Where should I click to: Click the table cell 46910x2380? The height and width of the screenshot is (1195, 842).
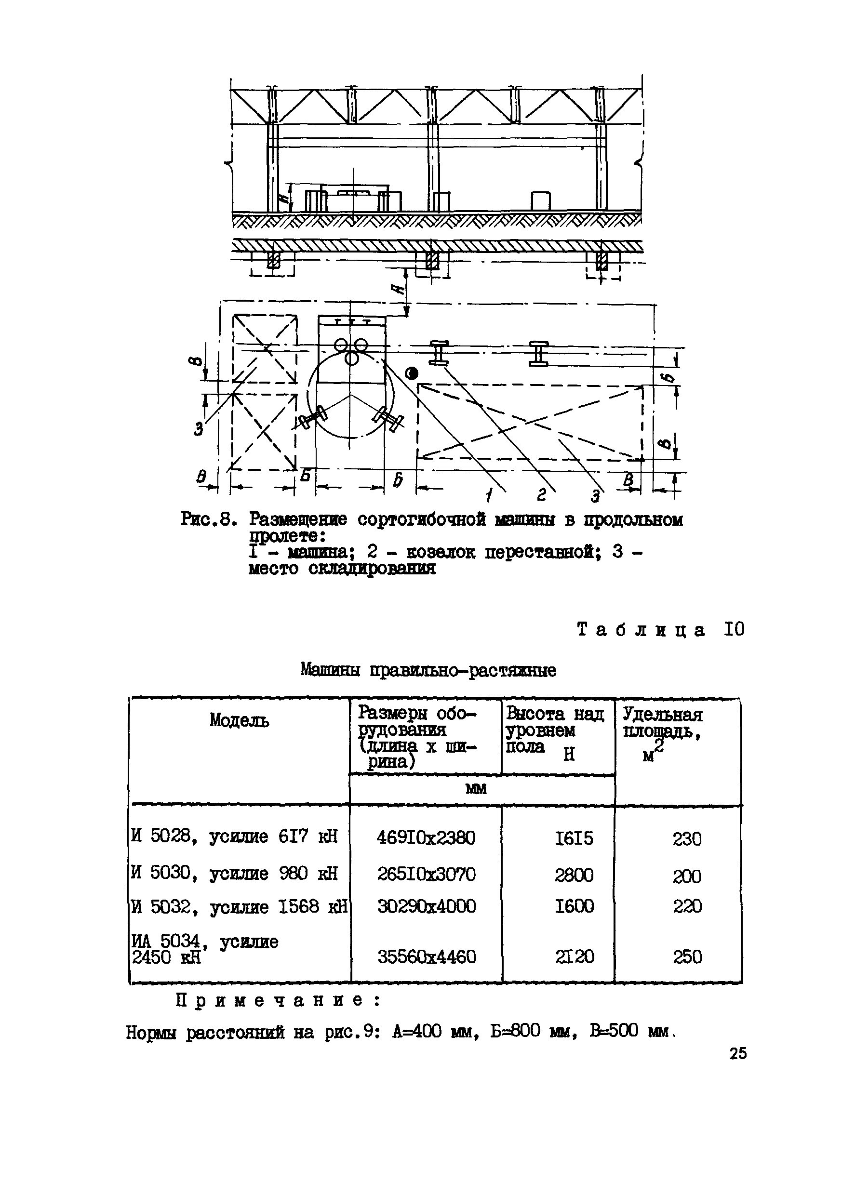click(426, 838)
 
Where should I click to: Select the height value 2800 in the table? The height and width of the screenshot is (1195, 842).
click(574, 875)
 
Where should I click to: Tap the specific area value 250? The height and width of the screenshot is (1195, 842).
click(687, 956)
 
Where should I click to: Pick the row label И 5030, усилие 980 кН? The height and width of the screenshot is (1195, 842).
click(234, 873)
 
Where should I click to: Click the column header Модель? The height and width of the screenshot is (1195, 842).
click(240, 720)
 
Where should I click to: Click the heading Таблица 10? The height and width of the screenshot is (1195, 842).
click(661, 630)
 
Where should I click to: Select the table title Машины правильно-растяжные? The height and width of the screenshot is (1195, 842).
click(428, 670)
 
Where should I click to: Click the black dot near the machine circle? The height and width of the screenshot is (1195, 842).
click(413, 373)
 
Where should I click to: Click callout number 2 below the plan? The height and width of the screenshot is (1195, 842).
click(541, 495)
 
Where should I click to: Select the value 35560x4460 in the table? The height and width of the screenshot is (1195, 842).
click(427, 956)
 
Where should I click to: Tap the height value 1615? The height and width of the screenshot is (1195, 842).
click(574, 838)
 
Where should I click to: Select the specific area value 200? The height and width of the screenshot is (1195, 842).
click(687, 876)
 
